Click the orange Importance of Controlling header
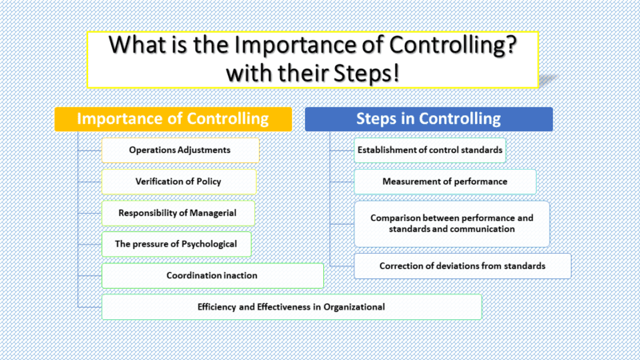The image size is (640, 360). [172, 119]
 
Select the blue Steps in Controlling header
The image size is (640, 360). [428, 119]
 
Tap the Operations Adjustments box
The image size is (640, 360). [180, 150]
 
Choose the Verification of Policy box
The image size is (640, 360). [178, 182]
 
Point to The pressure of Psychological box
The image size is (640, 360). [175, 244]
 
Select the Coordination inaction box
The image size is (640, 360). [212, 275]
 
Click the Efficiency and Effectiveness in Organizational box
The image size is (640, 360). [291, 306]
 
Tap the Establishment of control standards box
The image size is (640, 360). [430, 150]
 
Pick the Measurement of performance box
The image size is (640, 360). [445, 182]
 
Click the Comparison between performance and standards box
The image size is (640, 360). [452, 223]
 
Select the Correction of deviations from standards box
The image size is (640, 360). [462, 265]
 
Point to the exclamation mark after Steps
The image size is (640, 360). [409, 73]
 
